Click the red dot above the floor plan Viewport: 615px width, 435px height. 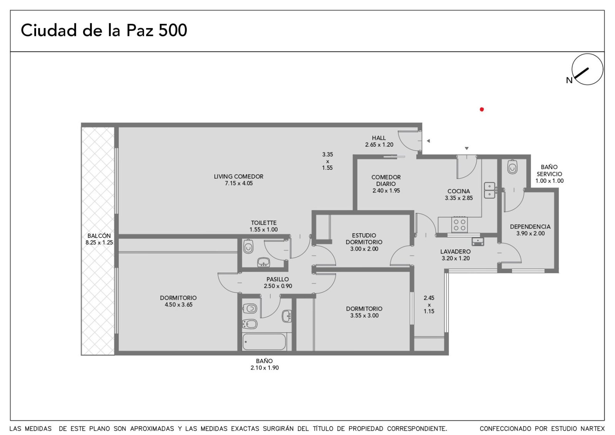click(x=482, y=109)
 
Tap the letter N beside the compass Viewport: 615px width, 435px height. click(x=569, y=80)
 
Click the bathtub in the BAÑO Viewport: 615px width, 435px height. click(x=264, y=342)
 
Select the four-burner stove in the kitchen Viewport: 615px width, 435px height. click(x=459, y=224)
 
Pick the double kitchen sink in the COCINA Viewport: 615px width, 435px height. click(x=490, y=190)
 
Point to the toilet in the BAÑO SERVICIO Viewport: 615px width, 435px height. click(x=512, y=167)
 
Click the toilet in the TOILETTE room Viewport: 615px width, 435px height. click(x=248, y=246)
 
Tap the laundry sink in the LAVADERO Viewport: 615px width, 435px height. click(x=478, y=241)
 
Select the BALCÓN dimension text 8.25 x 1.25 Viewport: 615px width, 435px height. click(x=99, y=243)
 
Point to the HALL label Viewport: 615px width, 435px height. click(x=379, y=138)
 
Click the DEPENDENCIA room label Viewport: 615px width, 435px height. click(x=530, y=227)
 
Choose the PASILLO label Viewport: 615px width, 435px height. click(x=278, y=279)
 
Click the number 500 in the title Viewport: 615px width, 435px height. click(x=173, y=30)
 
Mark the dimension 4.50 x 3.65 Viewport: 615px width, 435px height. click(x=178, y=304)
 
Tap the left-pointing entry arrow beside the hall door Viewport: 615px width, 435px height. click(x=428, y=141)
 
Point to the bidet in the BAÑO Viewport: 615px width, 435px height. click(x=249, y=324)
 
